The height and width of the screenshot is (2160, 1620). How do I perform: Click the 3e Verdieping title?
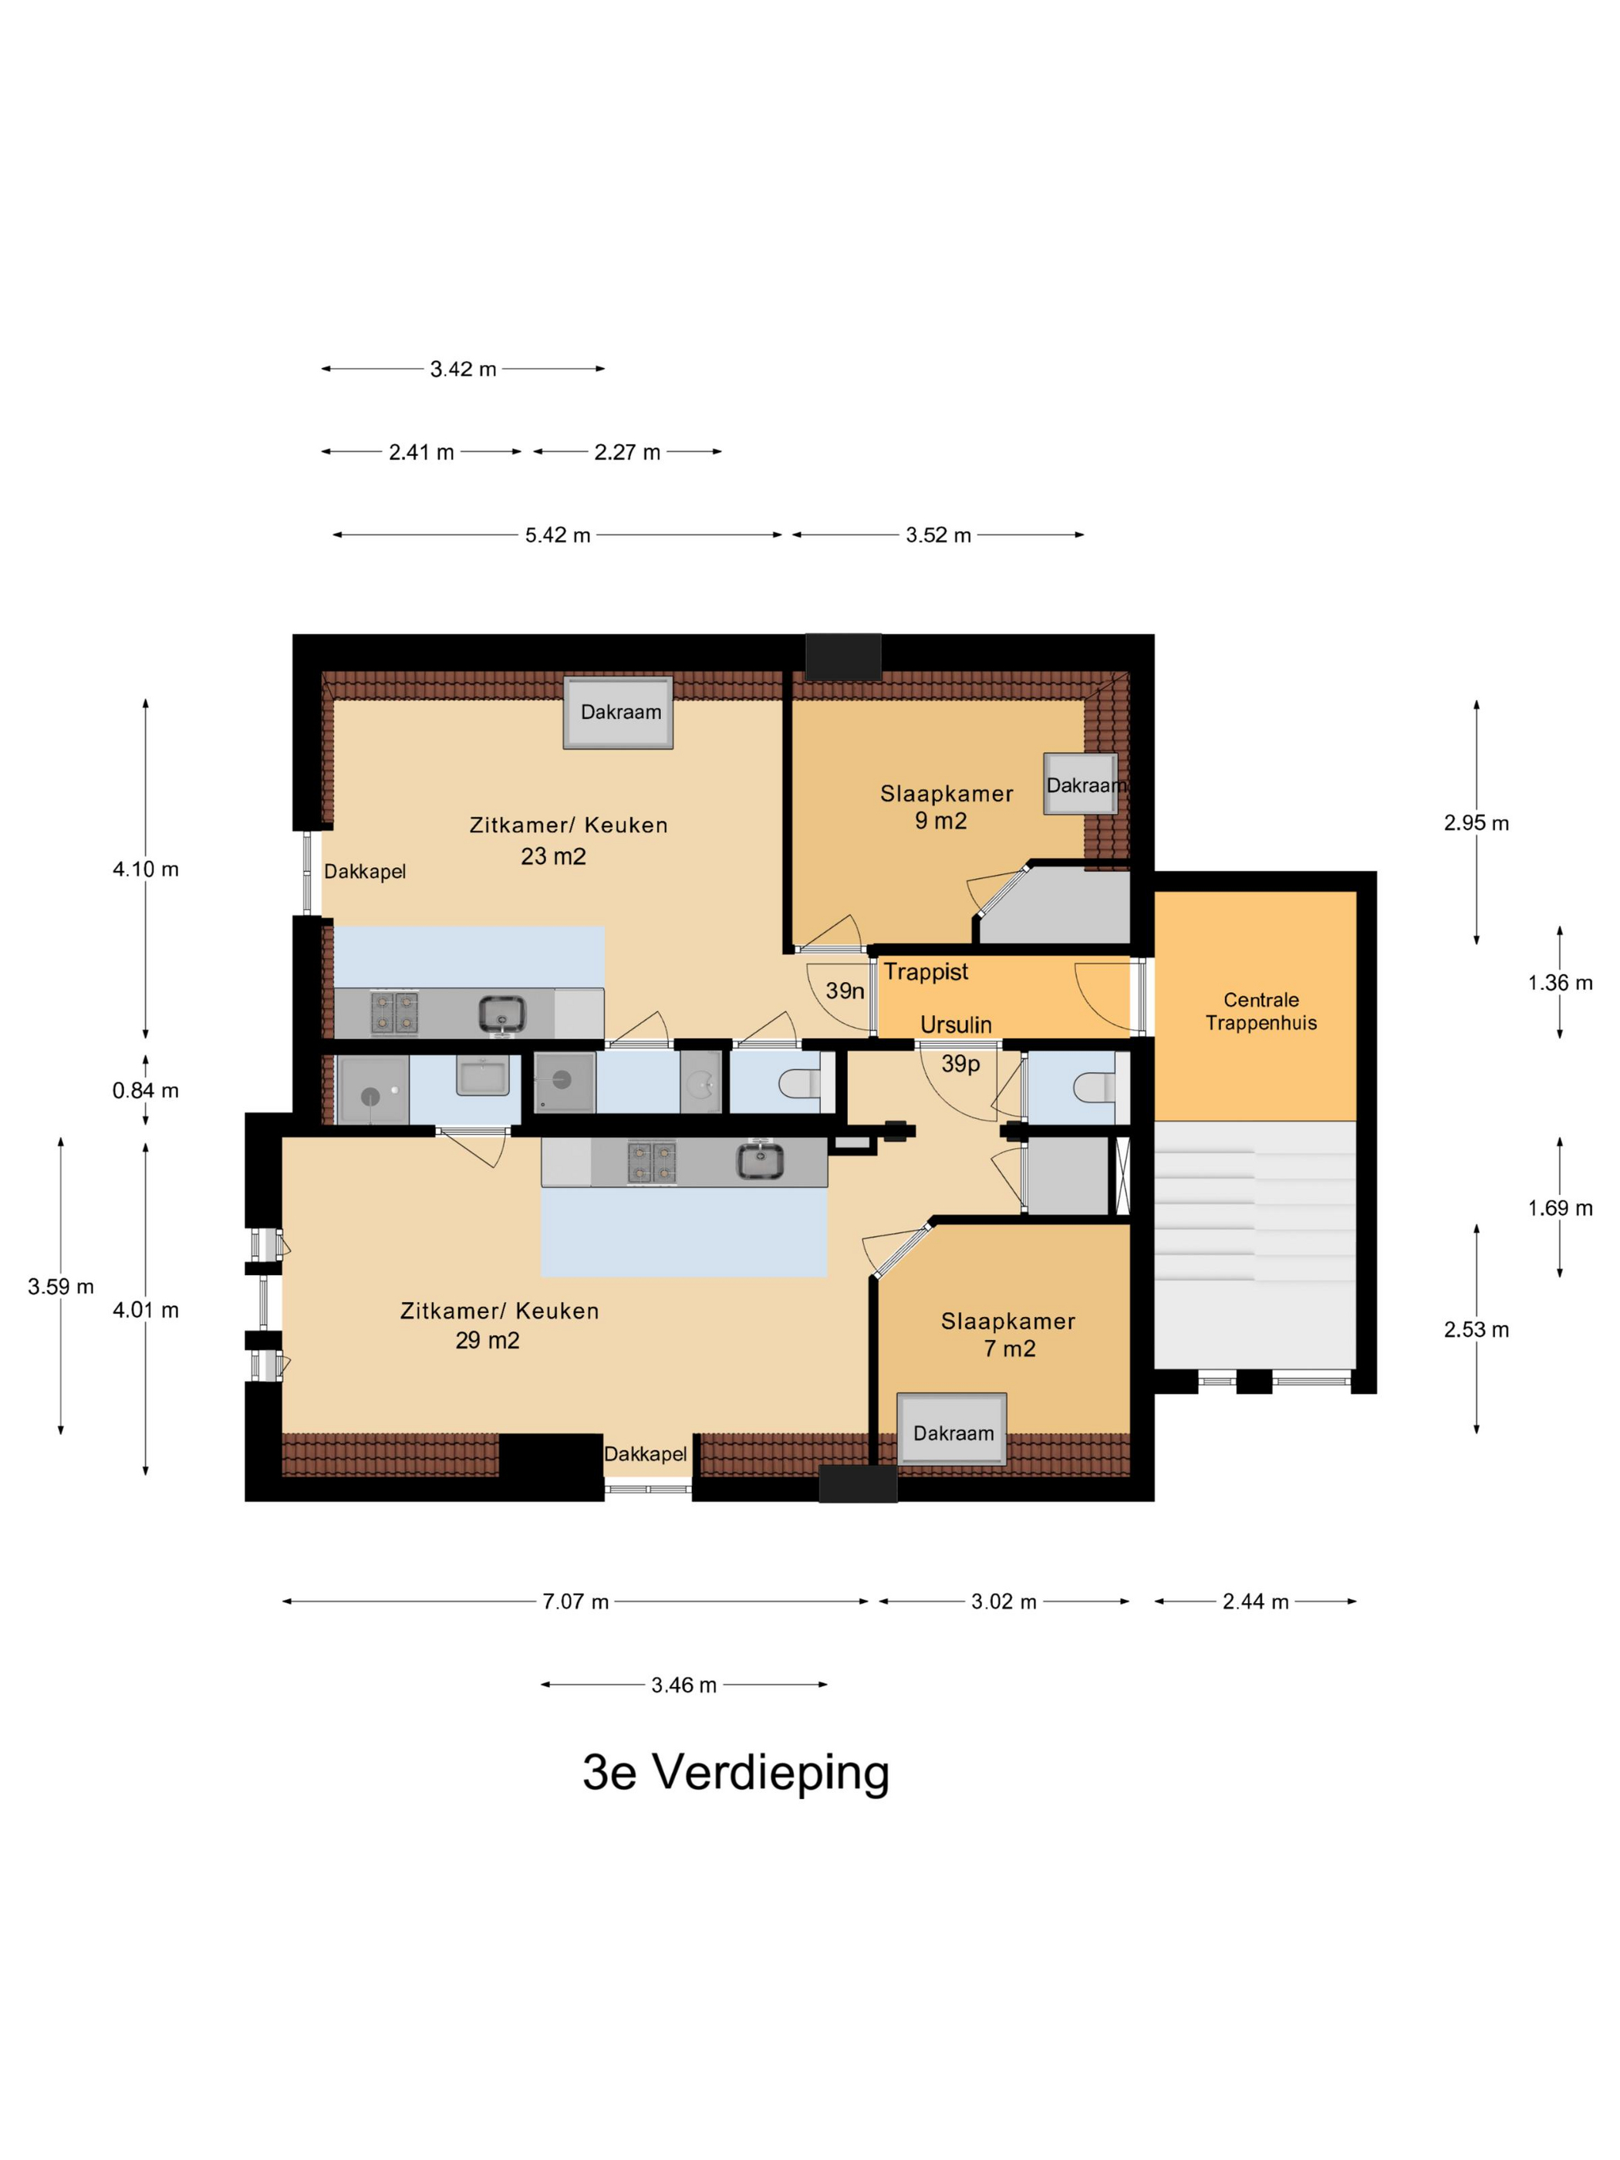735,1772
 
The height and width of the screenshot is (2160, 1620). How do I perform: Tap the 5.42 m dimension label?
558,535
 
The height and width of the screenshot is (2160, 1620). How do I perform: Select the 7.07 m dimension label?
575,1601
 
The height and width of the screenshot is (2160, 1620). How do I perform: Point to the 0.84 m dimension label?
146,1091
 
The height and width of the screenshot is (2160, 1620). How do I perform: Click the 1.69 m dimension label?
1560,1208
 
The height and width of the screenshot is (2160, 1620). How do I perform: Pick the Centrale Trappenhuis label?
1261,1011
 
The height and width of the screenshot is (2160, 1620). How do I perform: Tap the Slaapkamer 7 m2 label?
1007,1335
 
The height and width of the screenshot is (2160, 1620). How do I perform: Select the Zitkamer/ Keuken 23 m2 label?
569,840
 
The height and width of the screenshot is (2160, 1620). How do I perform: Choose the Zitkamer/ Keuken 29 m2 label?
499,1325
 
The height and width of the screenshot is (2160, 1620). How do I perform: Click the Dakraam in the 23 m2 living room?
618,713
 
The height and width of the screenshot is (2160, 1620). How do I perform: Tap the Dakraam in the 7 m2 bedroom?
952,1429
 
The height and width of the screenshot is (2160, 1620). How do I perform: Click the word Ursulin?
956,1024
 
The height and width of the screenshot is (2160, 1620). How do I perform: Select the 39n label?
845,991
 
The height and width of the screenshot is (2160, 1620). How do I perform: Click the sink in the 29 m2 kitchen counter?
760,1161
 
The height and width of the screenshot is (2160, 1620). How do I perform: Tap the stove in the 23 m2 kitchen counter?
394,1013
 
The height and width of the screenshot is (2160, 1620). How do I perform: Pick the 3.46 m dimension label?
683,1685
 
